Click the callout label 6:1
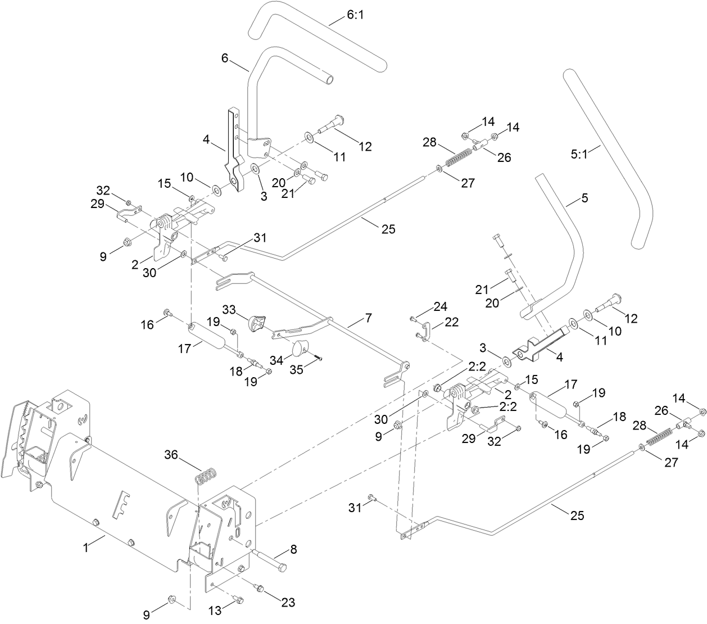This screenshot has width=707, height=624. tap(355, 15)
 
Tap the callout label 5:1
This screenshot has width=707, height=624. tap(579, 153)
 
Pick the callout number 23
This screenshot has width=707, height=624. tap(288, 602)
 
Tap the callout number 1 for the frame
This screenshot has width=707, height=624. tap(86, 547)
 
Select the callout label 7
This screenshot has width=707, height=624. tap(368, 318)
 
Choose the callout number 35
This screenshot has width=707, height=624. tap(296, 369)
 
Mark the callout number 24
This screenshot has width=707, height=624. tap(440, 306)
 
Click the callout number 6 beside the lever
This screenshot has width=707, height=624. tap(225, 58)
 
